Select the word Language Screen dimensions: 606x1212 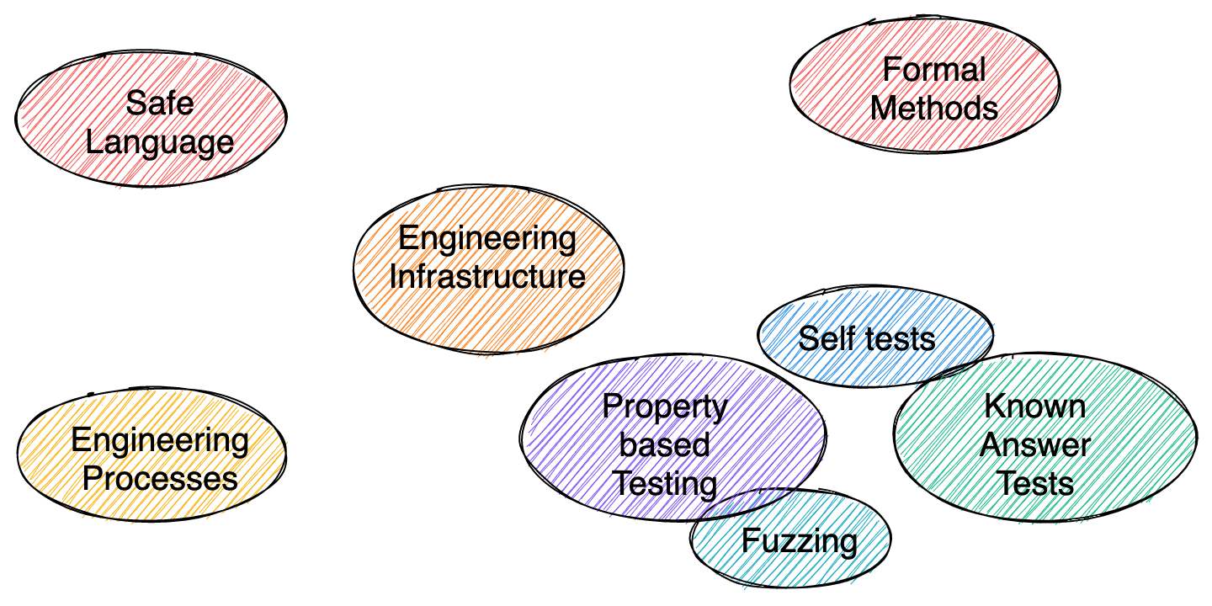point(160,142)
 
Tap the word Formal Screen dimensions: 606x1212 point(934,70)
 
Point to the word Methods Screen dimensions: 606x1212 point(934,109)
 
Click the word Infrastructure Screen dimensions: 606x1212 point(487,277)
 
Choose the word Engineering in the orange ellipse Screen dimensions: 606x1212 point(487,238)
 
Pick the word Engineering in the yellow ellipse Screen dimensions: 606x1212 point(160,440)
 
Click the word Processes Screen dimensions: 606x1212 point(160,479)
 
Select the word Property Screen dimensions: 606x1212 point(665,407)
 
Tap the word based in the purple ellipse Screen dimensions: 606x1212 point(665,445)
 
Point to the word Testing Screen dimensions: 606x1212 point(665,484)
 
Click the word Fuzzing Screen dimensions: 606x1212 point(800,540)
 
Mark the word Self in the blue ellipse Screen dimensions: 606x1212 point(821,338)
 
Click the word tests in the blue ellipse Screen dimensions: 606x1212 point(898,338)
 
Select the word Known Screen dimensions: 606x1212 point(1035,407)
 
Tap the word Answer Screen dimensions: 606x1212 point(1035,445)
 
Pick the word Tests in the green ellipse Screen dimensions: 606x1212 point(1035,484)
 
